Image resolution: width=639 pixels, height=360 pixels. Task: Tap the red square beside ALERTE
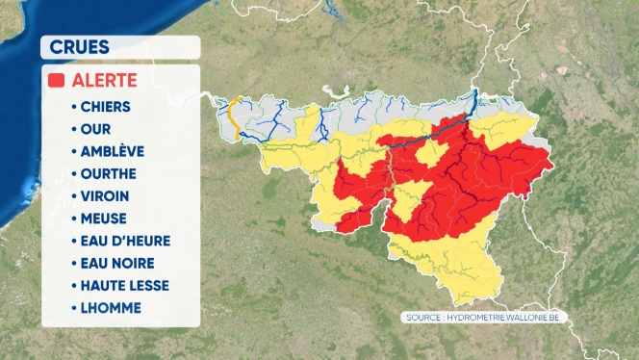(x=57, y=81)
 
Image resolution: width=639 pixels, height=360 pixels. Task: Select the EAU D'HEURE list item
(x=125, y=241)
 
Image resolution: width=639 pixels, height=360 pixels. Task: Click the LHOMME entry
(x=113, y=308)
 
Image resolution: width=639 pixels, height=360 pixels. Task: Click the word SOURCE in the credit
(x=424, y=317)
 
